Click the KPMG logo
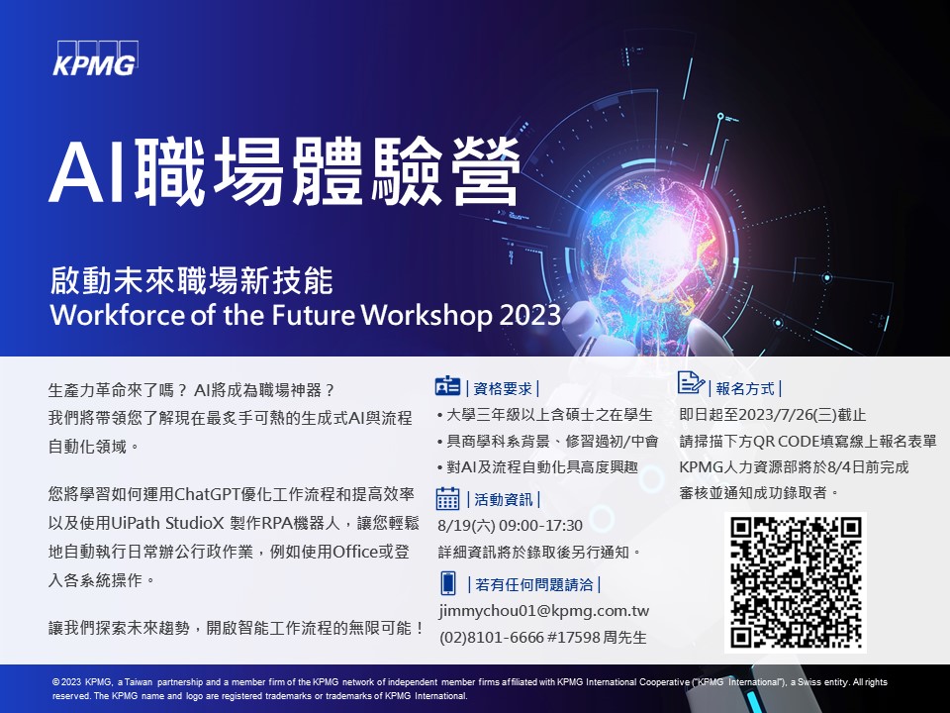(95, 58)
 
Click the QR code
(796, 582)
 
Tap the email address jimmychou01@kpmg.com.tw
(544, 611)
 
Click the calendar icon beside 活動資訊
(447, 498)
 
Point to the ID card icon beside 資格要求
(447, 386)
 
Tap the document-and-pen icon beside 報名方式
(691, 383)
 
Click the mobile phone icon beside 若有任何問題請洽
(447, 583)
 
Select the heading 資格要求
(503, 388)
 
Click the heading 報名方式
(745, 388)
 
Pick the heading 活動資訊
(504, 499)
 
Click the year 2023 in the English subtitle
(530, 315)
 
